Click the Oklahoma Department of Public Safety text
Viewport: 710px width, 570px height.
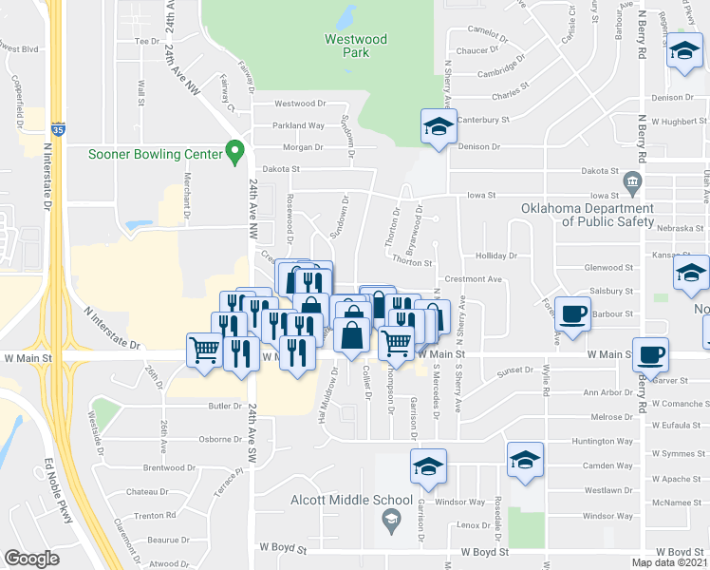pos(587,215)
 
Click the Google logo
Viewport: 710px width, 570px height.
pos(31,559)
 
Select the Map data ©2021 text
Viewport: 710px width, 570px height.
pos(669,562)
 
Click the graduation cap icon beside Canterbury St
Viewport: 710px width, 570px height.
pos(438,127)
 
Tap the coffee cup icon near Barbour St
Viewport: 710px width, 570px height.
pos(572,314)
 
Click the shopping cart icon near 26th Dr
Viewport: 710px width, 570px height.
pos(204,351)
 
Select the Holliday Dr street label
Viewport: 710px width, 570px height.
pos(497,256)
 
